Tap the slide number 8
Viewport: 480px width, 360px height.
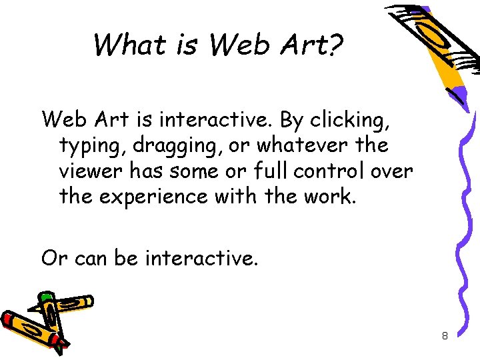point(445,336)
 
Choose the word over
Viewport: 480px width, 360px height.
point(392,171)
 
